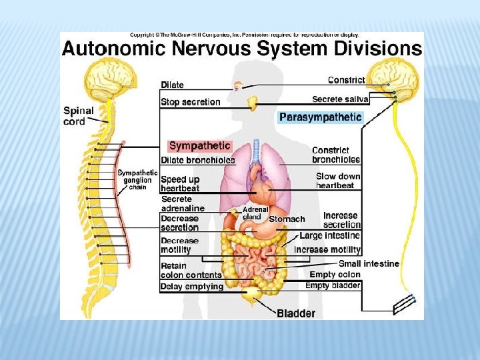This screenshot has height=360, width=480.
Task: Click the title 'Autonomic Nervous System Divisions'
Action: pos(242,49)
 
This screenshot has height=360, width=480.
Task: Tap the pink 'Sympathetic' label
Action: pos(199,145)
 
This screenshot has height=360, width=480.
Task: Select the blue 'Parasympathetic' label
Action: pos(320,117)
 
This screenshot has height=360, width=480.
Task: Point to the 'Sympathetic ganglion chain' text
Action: pos(137,180)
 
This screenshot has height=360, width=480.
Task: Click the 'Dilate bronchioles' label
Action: pos(198,160)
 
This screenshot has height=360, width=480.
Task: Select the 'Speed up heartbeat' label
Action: pos(179,184)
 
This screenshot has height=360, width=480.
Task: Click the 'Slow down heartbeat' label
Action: pos(338,181)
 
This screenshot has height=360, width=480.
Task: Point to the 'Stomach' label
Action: pos(287,219)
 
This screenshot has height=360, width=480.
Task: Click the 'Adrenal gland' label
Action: pos(255,213)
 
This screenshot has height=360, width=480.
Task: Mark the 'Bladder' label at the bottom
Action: pos(296,313)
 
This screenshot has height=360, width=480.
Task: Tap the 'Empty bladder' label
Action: pos(333,285)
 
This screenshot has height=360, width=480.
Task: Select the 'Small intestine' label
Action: pos(369,264)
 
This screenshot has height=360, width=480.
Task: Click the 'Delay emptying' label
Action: pos(191,287)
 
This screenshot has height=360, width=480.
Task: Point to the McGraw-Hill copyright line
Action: pos(244,35)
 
